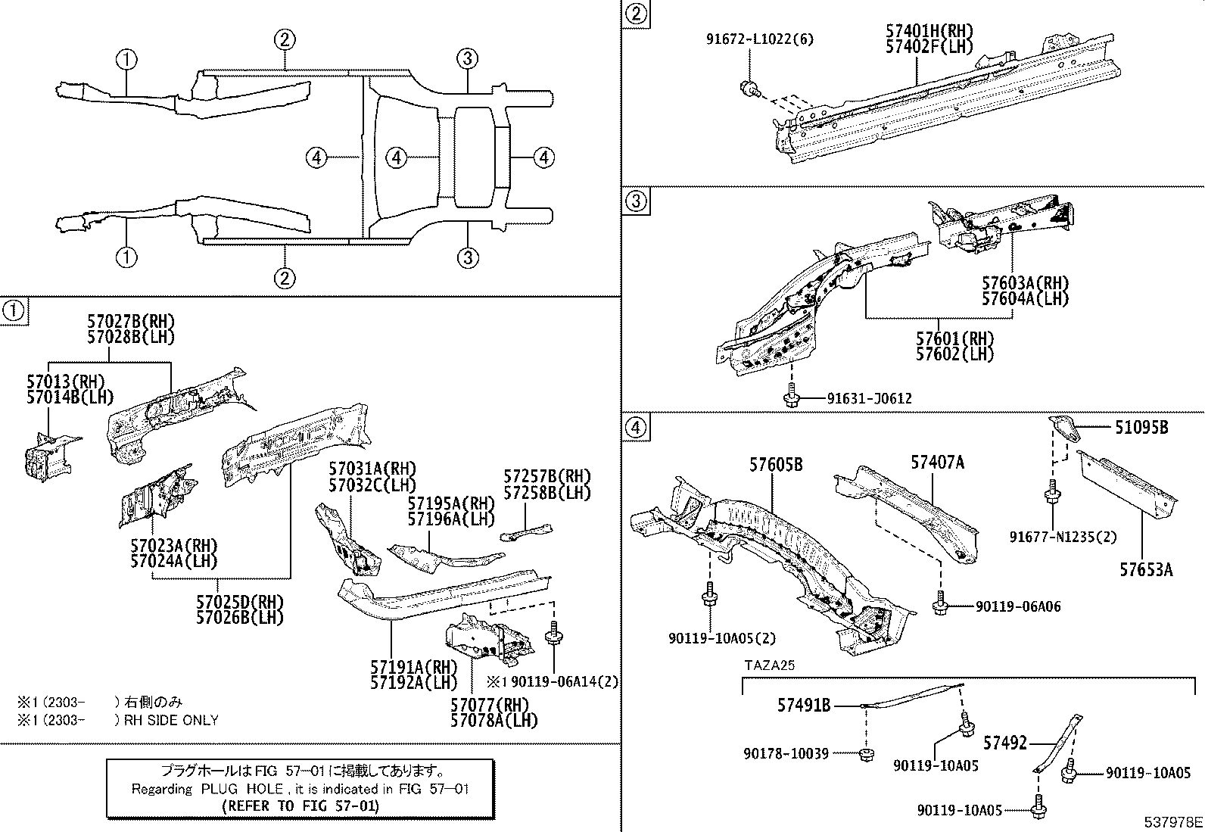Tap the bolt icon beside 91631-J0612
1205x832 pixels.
pyautogui.click(x=792, y=397)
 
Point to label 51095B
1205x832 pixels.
pyautogui.click(x=1141, y=428)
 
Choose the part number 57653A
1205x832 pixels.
pyautogui.click(x=1146, y=570)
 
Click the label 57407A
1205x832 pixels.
pyautogui.click(x=937, y=462)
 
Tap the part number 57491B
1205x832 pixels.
pyautogui.click(x=804, y=706)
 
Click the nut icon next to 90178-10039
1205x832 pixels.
pyautogui.click(x=867, y=754)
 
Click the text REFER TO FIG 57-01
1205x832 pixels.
pyautogui.click(x=300, y=806)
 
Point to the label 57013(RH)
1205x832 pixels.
pyautogui.click(x=65, y=381)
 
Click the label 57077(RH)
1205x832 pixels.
pyautogui.click(x=489, y=706)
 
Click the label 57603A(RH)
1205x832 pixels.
pyautogui.click(x=1026, y=283)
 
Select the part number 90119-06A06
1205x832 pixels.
pyautogui.click(x=1018, y=606)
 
